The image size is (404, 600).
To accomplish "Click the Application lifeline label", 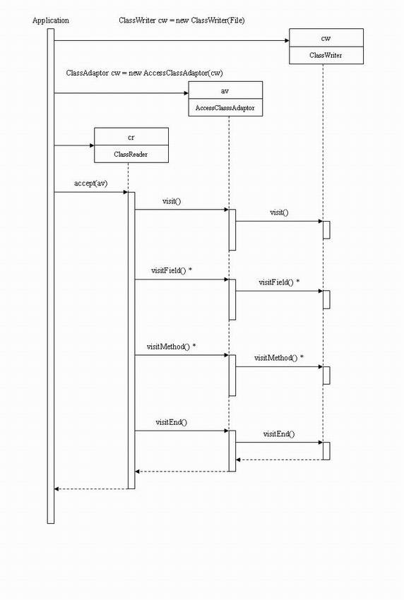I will point(51,20).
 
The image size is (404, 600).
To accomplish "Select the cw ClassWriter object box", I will point(326,47).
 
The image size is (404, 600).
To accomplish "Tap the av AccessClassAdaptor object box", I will point(225,99).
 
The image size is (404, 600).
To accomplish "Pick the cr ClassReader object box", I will point(131,145).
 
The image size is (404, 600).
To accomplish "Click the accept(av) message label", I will point(90,184).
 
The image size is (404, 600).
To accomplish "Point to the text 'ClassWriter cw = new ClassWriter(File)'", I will point(183,20).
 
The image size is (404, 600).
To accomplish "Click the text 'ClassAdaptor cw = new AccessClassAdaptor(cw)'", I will point(145,73).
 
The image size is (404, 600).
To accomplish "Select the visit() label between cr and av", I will point(172,201).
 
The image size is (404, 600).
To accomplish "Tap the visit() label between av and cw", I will point(279,212).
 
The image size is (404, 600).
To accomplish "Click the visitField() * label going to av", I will point(172,270).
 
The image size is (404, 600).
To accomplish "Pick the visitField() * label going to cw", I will point(279,282).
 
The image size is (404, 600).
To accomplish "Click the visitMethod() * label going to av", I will point(171,347).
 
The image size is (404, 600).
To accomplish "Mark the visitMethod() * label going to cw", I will point(279,358).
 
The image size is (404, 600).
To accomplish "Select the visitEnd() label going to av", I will point(172,422).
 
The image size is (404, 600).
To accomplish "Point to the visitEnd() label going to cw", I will point(279,434).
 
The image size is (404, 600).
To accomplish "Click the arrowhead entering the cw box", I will point(285,40).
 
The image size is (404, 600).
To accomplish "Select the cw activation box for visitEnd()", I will point(326,450).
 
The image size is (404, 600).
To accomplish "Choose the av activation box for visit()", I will point(232,229).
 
